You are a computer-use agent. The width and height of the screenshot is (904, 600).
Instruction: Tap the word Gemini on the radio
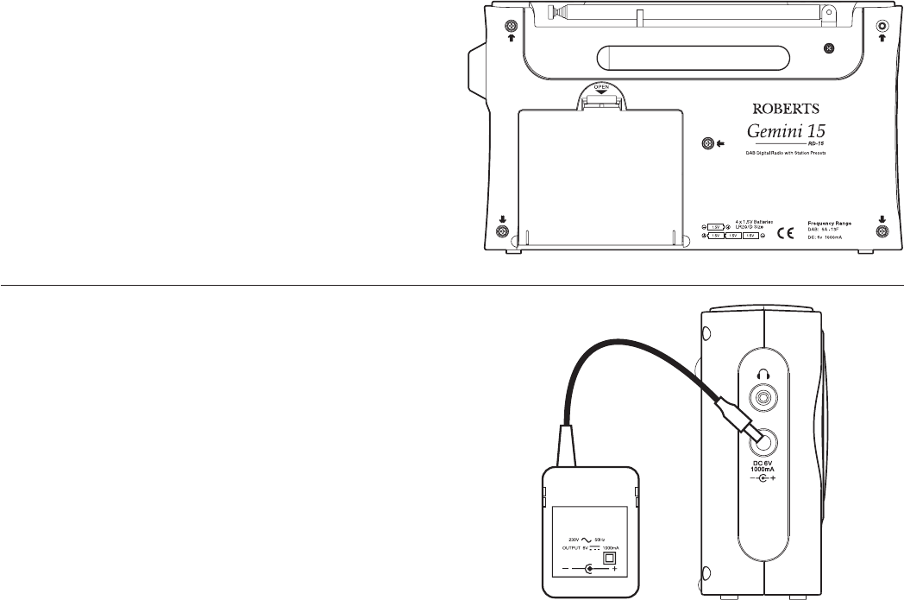click(759, 132)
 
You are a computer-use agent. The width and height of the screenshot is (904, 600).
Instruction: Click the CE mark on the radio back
click(786, 231)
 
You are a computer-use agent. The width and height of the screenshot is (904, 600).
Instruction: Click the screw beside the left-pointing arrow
click(707, 143)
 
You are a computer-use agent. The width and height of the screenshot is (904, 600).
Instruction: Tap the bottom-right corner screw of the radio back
click(882, 231)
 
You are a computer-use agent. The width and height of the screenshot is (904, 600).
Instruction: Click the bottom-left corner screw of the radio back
click(503, 231)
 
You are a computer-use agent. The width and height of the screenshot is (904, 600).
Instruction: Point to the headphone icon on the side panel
click(762, 374)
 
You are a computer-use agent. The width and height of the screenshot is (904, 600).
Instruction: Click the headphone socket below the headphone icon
click(762, 399)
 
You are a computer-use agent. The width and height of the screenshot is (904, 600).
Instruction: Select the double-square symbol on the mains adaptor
click(613, 558)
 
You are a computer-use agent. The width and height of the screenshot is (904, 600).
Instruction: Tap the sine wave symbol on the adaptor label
click(587, 539)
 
